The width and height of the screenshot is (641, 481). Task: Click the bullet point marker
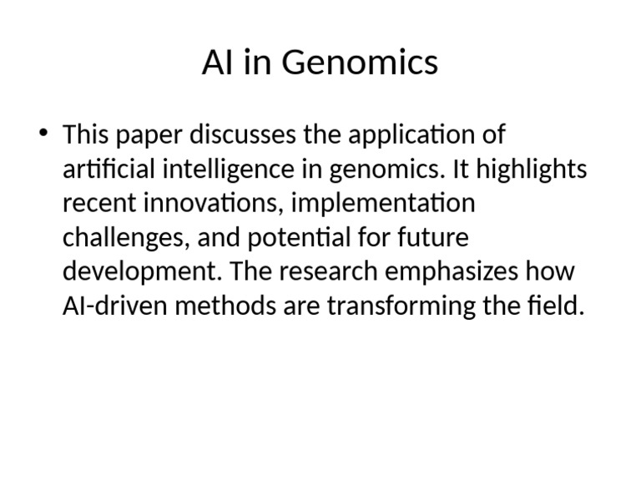[x=44, y=134]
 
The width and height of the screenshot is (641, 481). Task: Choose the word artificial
[x=109, y=170]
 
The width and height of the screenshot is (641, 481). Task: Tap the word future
[x=435, y=238]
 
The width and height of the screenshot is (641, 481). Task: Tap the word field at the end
[x=555, y=306]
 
